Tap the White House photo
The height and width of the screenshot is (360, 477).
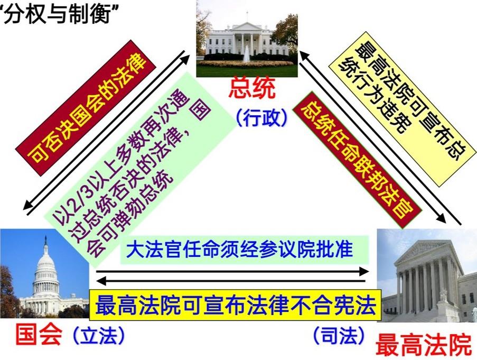pos(247,39)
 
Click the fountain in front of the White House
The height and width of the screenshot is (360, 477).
pos(246,54)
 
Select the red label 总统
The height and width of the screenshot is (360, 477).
pos(252,88)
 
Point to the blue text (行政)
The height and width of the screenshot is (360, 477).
pos(261,117)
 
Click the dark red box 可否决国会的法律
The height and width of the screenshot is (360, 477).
pos(86,107)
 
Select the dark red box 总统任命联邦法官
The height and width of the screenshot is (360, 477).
pos(357,160)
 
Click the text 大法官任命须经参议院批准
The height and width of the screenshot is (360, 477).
pos(240,250)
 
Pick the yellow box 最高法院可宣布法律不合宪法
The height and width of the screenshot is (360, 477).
pos(236,305)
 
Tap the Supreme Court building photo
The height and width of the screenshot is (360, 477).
pos(427,275)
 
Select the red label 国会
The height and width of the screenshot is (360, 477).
pos(39,335)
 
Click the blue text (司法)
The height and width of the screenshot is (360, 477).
pos(339,335)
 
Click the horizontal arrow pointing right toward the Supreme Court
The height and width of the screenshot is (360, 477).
pos(232,271)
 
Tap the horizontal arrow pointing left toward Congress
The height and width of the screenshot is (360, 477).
pos(231,281)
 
